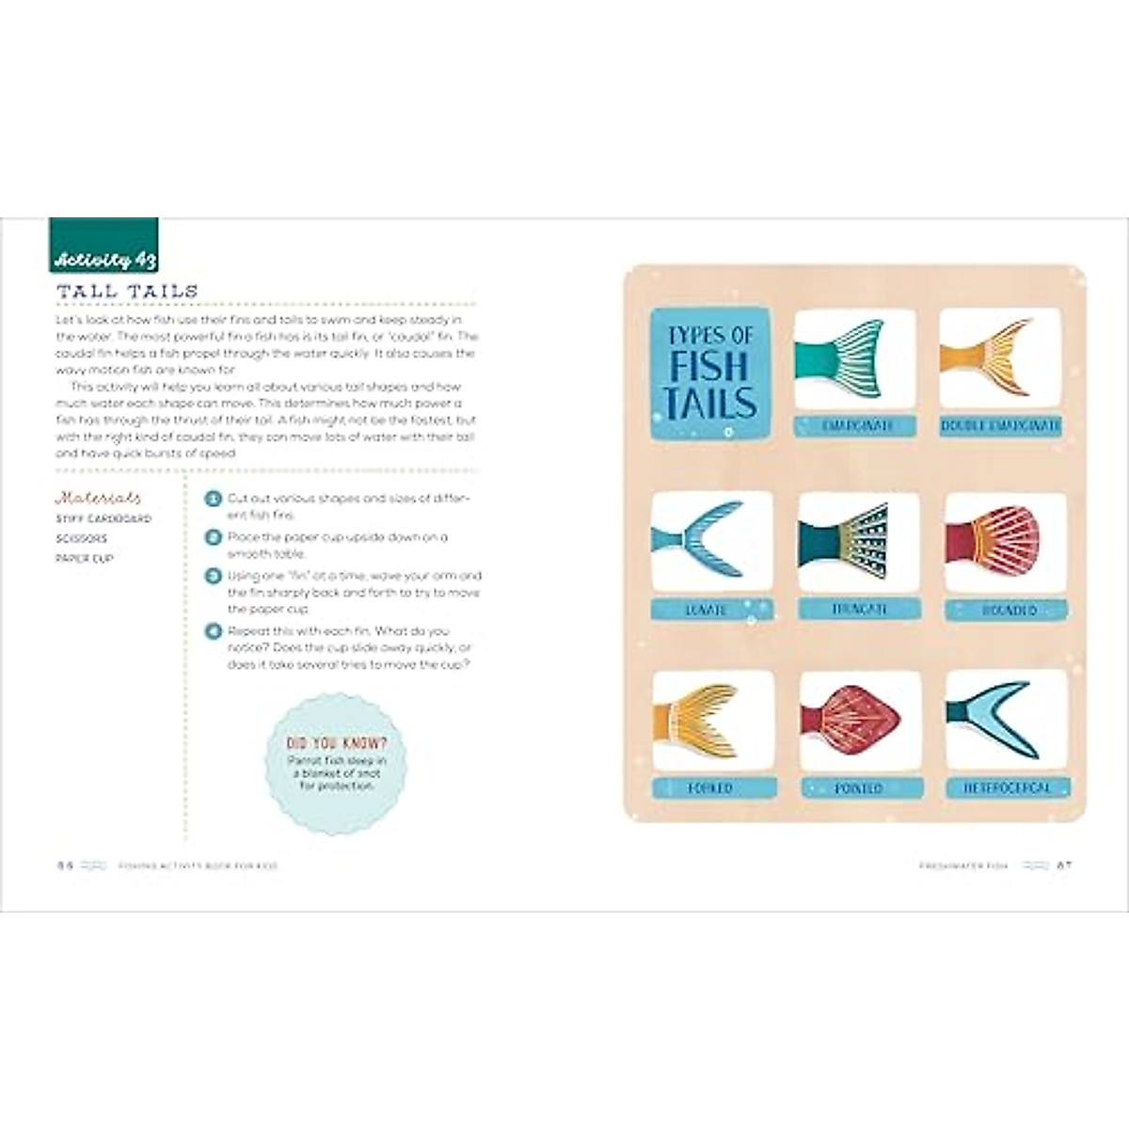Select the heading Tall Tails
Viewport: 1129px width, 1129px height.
point(127,291)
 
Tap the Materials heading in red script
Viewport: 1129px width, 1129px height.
point(99,498)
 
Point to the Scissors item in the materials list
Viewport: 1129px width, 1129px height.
point(82,539)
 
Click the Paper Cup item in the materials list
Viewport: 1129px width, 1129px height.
point(85,559)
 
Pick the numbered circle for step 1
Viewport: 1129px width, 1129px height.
point(214,499)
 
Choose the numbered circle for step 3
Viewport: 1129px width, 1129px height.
point(214,576)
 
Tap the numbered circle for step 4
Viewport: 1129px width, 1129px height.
point(214,631)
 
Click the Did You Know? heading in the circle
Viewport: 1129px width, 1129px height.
point(337,743)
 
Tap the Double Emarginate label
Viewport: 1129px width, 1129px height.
point(1000,426)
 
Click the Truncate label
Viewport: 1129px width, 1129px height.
point(859,610)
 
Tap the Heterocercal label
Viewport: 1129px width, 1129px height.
point(1006,787)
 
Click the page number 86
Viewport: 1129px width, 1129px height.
point(64,866)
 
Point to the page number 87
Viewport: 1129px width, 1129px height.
point(1064,866)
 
